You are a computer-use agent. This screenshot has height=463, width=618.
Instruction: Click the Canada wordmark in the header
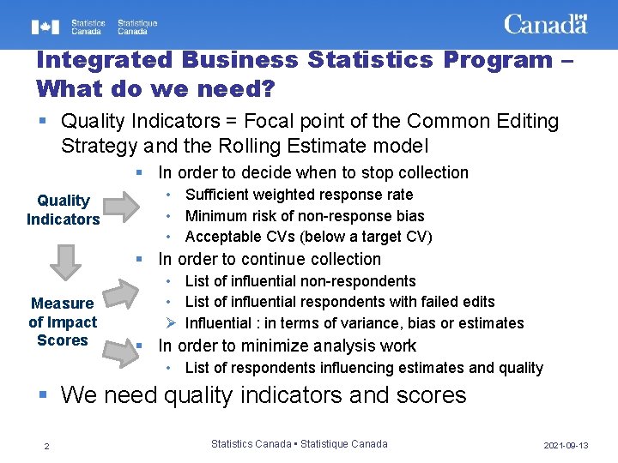tap(545, 24)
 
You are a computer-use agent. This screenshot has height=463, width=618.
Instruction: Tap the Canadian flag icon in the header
tap(45, 27)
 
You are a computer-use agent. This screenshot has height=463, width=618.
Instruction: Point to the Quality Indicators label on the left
tap(63, 210)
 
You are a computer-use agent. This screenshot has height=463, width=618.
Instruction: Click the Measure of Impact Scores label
tap(63, 322)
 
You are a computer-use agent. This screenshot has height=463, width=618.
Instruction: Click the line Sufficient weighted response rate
tap(299, 195)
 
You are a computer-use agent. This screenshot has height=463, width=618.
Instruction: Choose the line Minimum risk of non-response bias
tap(305, 216)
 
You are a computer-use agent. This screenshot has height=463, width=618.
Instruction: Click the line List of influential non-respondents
tap(300, 281)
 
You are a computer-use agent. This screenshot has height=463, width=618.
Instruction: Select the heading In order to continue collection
tap(270, 259)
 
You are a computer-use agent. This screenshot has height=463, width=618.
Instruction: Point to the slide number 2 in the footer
tap(47, 445)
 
